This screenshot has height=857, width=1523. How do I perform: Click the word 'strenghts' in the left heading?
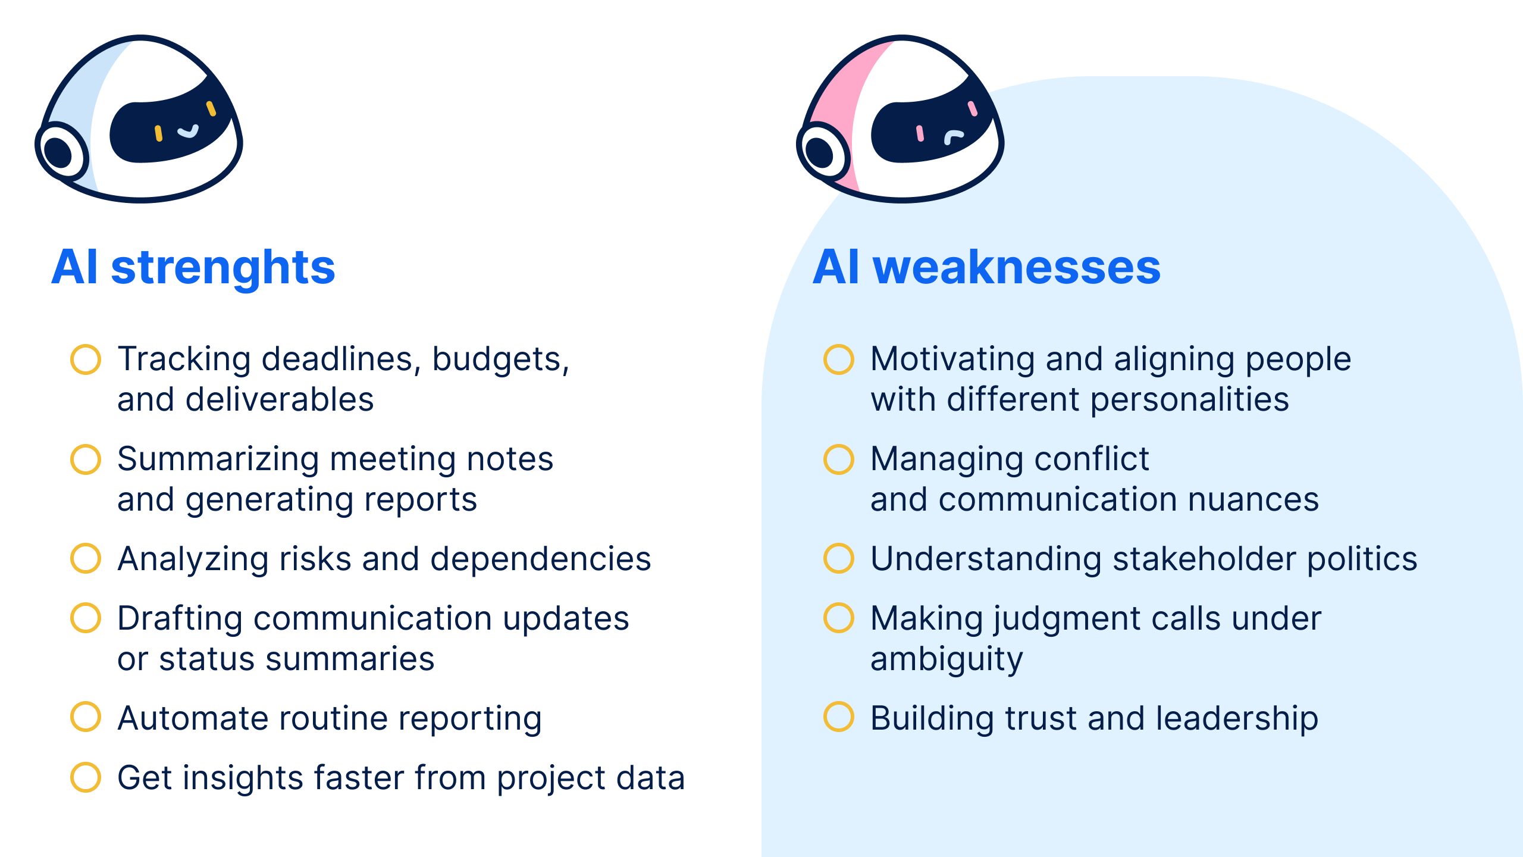(x=223, y=268)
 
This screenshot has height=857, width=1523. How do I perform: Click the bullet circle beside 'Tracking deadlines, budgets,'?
(x=86, y=359)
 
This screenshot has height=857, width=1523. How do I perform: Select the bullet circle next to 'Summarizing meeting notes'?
(x=86, y=459)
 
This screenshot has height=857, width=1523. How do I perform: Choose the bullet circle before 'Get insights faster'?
(x=86, y=777)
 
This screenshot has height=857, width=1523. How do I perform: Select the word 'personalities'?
(x=1189, y=399)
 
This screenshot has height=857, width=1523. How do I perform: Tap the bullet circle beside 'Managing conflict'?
(x=839, y=459)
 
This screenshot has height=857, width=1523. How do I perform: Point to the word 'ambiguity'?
(x=947, y=659)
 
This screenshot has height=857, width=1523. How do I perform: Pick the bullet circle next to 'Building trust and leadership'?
(x=839, y=717)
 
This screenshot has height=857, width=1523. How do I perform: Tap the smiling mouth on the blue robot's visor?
(x=188, y=131)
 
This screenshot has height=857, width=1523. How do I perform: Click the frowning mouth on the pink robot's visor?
(x=953, y=137)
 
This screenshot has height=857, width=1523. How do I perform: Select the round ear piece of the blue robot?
(x=60, y=152)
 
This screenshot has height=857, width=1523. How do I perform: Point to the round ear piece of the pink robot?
(x=822, y=152)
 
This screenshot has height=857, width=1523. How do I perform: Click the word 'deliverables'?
(x=279, y=399)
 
